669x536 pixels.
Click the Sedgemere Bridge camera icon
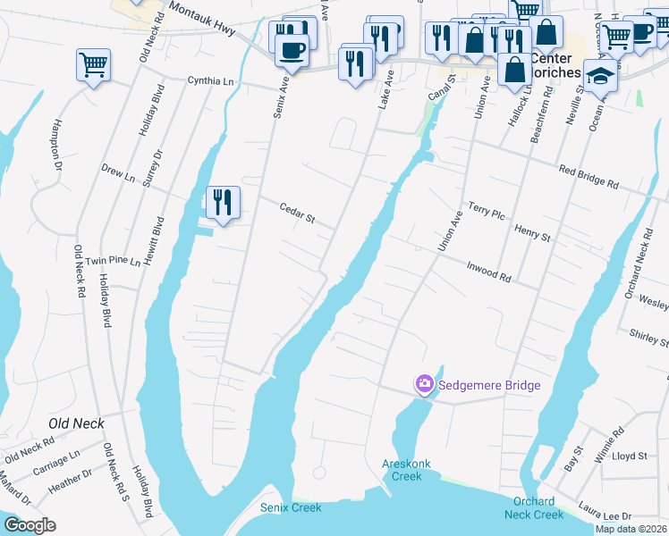click(x=424, y=385)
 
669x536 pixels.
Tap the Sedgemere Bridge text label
click(x=488, y=386)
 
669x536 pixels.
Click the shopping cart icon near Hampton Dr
click(x=93, y=65)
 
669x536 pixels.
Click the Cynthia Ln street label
click(x=210, y=80)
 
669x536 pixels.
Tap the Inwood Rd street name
click(x=488, y=271)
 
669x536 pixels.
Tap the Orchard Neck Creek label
click(x=535, y=507)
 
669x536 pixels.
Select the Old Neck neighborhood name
click(x=77, y=423)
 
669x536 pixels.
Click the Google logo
click(x=30, y=525)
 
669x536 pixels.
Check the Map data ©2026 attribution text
click(x=631, y=529)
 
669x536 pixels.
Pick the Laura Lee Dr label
click(x=605, y=516)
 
